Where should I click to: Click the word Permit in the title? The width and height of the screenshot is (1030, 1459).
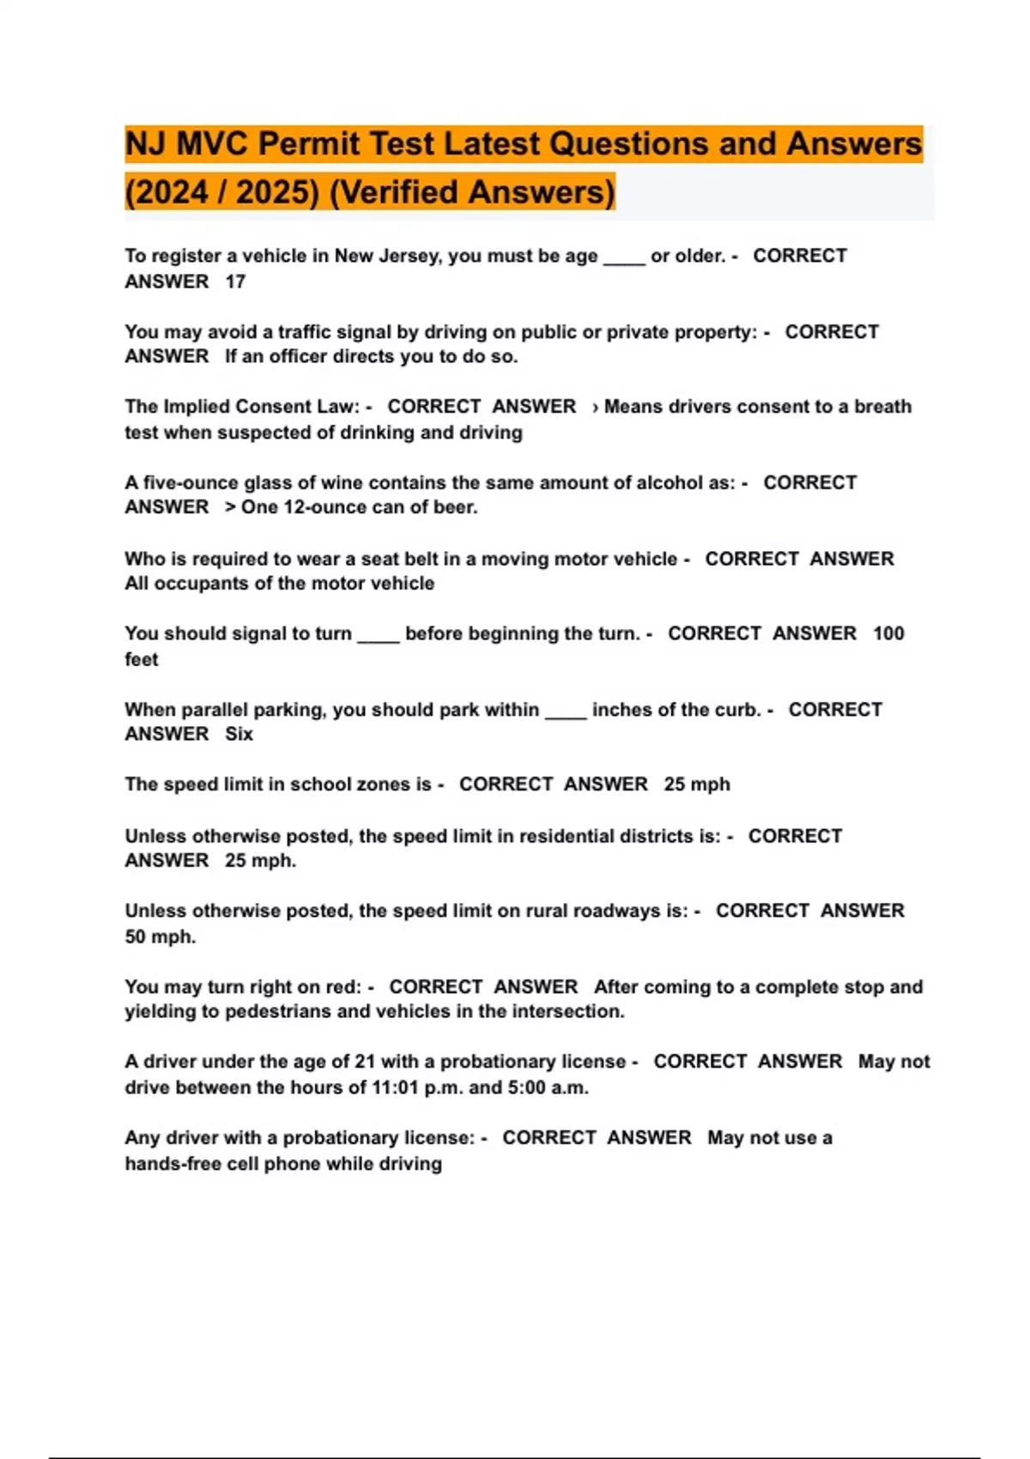310,144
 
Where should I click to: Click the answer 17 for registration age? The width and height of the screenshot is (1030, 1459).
235,282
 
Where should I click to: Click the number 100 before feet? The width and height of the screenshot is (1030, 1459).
888,633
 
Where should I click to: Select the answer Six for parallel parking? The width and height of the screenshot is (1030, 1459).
239,734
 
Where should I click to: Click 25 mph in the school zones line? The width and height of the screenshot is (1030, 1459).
697,784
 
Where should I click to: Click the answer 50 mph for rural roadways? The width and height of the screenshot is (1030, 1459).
160,936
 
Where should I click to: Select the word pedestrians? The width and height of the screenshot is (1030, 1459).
278,1011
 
